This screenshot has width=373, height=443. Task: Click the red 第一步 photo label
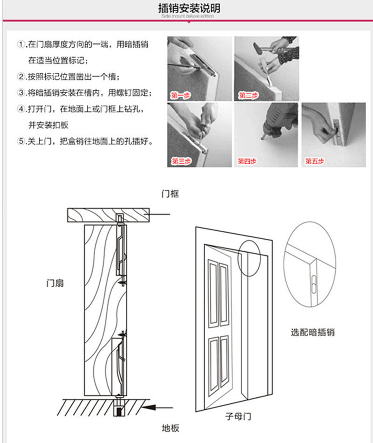(180, 96)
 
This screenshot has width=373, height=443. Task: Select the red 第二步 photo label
(249, 96)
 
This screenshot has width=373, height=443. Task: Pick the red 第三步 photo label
(180, 161)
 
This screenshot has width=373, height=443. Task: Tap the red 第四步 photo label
(247, 161)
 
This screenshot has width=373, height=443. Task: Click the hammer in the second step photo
(264, 47)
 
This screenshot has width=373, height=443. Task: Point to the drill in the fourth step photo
(275, 124)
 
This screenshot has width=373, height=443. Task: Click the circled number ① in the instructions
(21, 45)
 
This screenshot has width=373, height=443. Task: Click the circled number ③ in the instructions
(21, 93)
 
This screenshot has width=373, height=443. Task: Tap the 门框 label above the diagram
(170, 194)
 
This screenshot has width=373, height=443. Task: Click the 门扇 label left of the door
(55, 283)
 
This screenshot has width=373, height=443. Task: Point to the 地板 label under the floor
(170, 428)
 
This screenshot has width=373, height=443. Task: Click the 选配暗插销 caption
(312, 332)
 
